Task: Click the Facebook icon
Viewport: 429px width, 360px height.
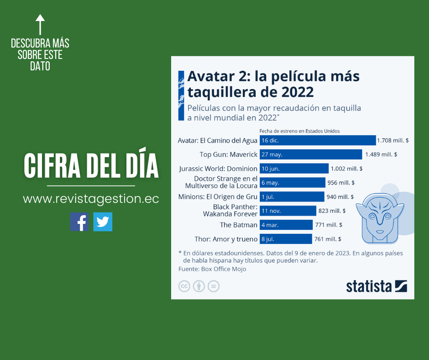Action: pos(79,222)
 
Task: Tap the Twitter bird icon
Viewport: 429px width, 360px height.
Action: pos(103,222)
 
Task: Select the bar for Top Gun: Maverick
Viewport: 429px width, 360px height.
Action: pos(310,154)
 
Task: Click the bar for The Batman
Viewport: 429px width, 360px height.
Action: pos(286,225)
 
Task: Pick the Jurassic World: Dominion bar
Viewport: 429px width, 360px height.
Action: pos(293,169)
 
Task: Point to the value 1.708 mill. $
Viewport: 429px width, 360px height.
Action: pos(392,140)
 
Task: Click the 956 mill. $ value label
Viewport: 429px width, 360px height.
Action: pos(341,183)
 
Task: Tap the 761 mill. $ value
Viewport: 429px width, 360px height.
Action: pos(327,239)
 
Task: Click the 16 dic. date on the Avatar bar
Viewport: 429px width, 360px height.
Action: pos(271,140)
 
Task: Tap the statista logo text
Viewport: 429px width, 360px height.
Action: pos(368,286)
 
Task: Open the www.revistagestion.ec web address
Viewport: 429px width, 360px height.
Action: pos(91,199)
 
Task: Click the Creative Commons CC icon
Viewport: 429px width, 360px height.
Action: pos(184,286)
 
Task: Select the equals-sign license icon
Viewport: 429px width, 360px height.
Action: pos(214,286)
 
